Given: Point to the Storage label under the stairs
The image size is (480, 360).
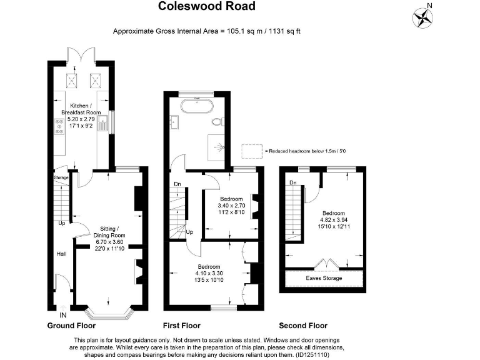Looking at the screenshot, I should coord(61,177).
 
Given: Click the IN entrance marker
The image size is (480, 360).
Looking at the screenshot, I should coord(62,307).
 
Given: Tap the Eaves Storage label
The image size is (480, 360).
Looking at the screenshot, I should coord(324,277).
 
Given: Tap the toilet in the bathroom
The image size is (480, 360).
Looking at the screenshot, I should coord(218,122).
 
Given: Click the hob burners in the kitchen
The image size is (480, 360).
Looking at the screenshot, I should coord(59,127).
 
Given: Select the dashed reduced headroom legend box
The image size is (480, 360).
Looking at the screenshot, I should coord(252,151).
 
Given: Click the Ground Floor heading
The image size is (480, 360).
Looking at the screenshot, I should coord(71,326).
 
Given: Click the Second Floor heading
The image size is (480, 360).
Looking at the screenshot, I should coord(303,326).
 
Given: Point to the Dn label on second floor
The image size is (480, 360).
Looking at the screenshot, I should coord(292,182).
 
